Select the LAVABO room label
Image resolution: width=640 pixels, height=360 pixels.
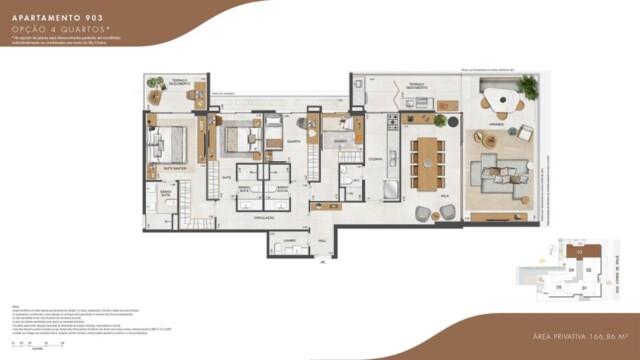[289, 242]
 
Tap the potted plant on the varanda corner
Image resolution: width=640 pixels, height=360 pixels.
[527, 88]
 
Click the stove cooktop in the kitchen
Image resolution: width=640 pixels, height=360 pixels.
[393, 124]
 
